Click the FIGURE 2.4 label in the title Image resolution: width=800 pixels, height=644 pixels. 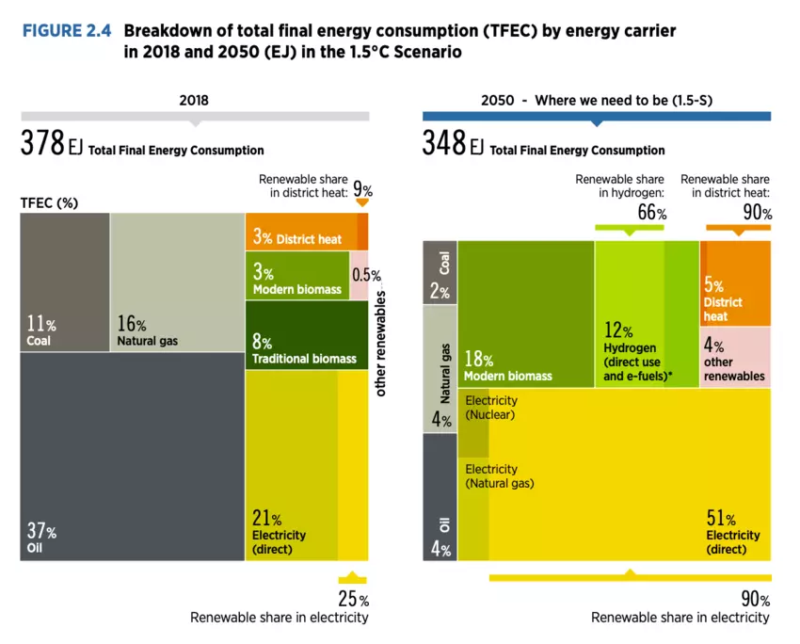coord(67,31)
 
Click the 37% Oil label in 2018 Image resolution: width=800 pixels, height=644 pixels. coord(42,537)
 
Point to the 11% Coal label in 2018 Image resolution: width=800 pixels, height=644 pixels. coord(40,331)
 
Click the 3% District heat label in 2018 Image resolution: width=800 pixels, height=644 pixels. coord(296,238)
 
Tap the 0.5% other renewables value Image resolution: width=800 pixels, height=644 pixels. coord(366,276)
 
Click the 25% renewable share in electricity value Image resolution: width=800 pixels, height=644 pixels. coord(353,599)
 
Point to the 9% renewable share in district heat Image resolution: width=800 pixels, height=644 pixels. coord(362,188)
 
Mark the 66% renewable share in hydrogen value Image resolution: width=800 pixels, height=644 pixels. coord(652,214)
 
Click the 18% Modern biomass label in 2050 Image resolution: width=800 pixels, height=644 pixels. coord(508,367)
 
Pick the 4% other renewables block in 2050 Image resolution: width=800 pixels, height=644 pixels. coord(734,361)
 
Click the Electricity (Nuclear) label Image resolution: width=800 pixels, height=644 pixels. coord(491,407)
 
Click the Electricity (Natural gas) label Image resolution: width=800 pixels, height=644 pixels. coord(499,476)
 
